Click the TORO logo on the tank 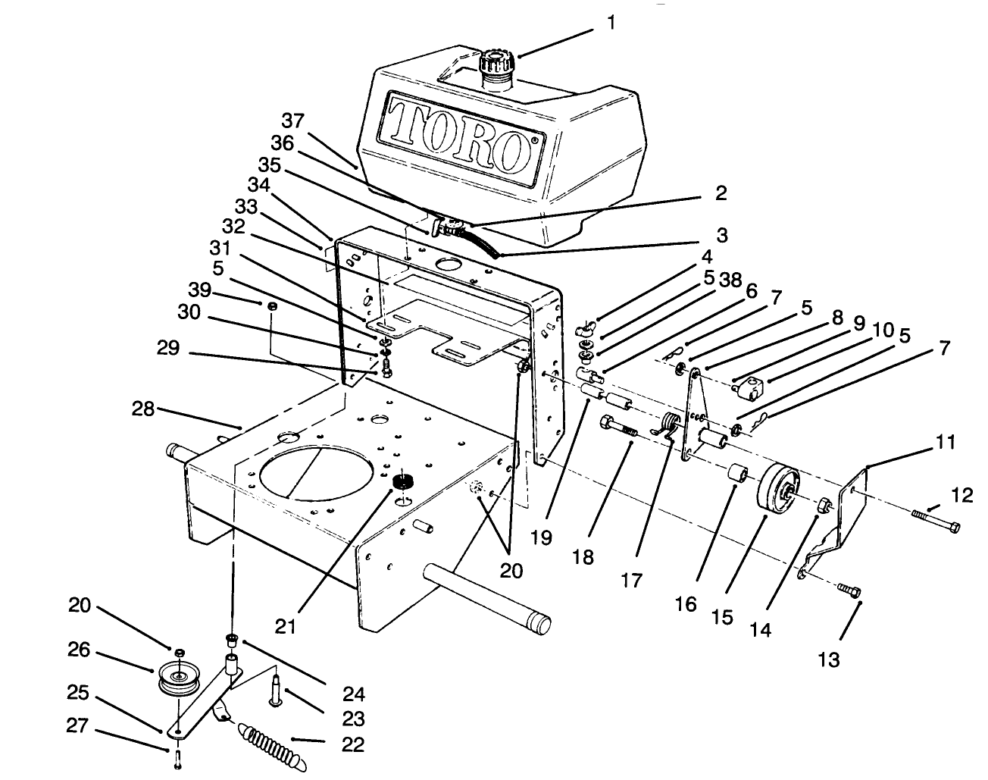(x=458, y=133)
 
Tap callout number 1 (x=611, y=23)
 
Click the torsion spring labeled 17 (x=669, y=426)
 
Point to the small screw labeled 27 (x=177, y=760)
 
